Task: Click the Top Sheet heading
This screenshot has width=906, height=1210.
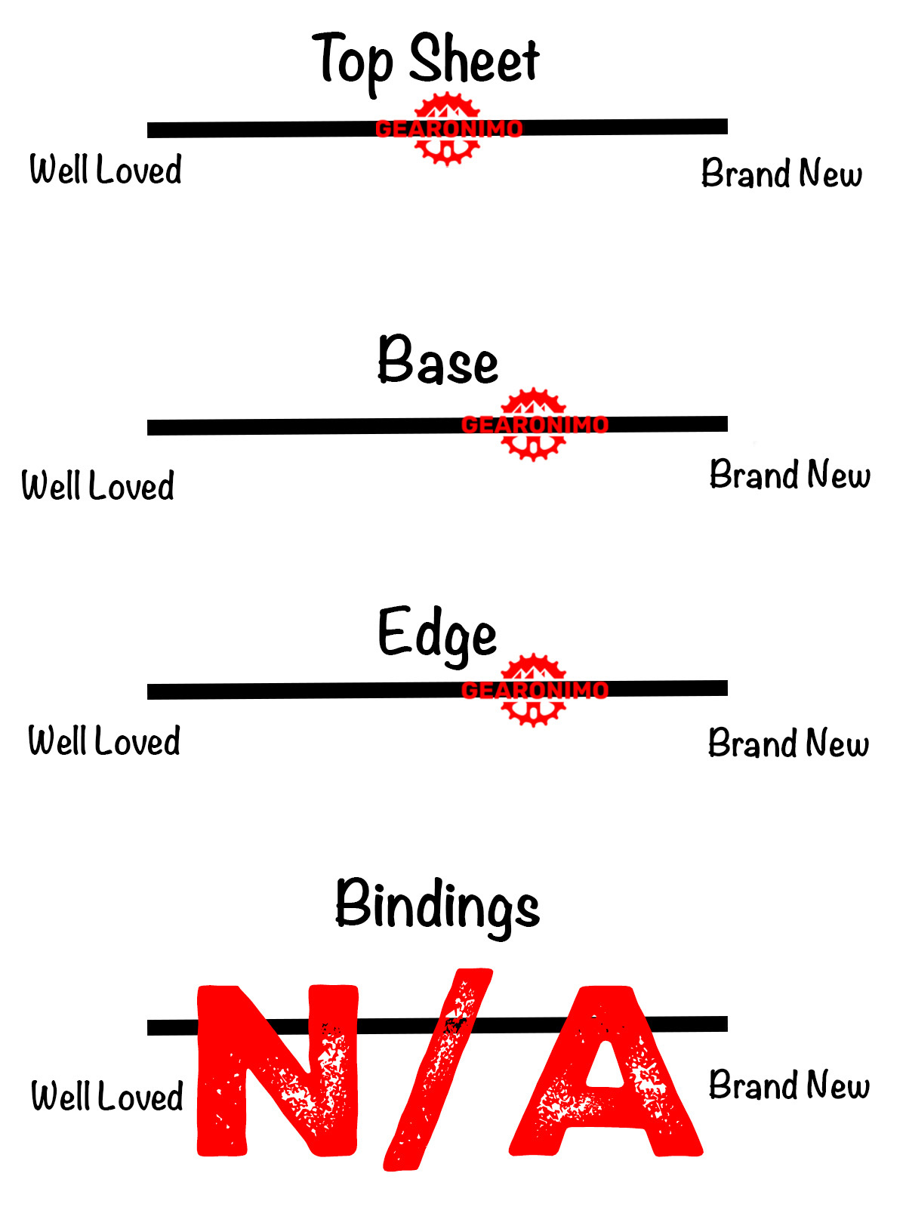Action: (427, 59)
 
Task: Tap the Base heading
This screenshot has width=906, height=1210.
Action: (438, 361)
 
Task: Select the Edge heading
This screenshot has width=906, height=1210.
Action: (437, 634)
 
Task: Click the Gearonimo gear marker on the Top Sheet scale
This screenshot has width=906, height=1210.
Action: (448, 129)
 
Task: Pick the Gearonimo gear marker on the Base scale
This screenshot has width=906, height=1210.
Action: (534, 425)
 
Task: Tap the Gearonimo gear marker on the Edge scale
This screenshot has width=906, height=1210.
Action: (534, 690)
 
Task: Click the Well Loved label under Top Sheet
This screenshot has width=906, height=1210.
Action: (106, 170)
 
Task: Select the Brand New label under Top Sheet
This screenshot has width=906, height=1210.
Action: (781, 174)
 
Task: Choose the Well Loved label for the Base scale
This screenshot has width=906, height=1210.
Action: (98, 485)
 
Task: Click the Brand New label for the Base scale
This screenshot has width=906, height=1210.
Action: (790, 475)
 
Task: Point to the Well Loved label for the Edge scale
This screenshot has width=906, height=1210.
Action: (104, 741)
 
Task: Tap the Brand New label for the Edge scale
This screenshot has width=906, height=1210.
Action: (788, 744)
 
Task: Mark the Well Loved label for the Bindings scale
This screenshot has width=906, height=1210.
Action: (107, 1097)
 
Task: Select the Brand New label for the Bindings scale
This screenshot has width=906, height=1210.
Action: (789, 1085)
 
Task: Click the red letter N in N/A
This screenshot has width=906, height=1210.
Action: (277, 1070)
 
